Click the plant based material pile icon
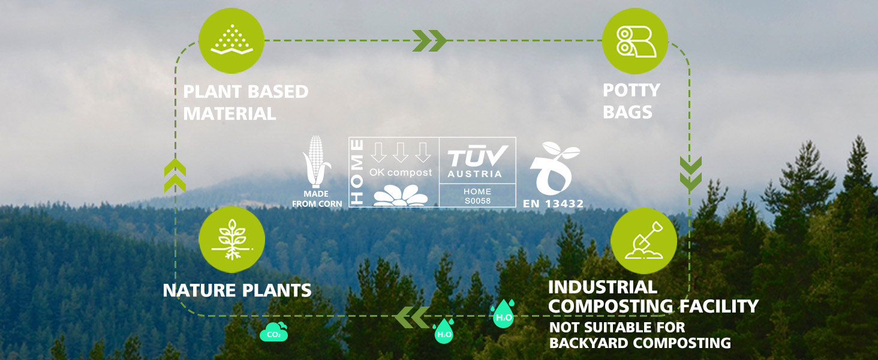(x=231, y=41)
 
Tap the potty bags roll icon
(x=635, y=41)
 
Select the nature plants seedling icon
(x=231, y=239)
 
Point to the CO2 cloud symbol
(x=273, y=332)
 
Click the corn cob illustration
(x=316, y=161)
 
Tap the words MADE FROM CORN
(x=317, y=199)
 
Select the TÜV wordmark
(x=477, y=156)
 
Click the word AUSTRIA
(x=474, y=174)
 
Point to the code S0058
(x=477, y=201)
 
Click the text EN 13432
(x=553, y=203)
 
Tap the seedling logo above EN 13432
(x=553, y=169)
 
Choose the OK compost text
(x=401, y=173)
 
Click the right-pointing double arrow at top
(x=429, y=40)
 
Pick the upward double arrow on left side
(x=175, y=175)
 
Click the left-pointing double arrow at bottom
(x=413, y=317)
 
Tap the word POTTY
(x=632, y=90)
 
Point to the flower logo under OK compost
(x=400, y=195)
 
